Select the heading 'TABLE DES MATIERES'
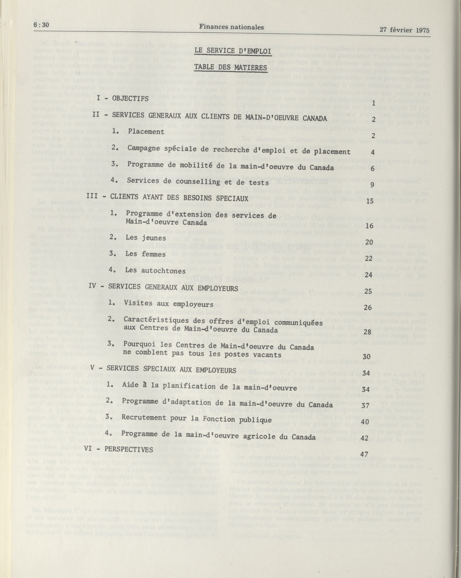231,67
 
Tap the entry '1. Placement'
138,131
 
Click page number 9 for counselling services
372,185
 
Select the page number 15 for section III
370,201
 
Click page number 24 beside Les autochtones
369,275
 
